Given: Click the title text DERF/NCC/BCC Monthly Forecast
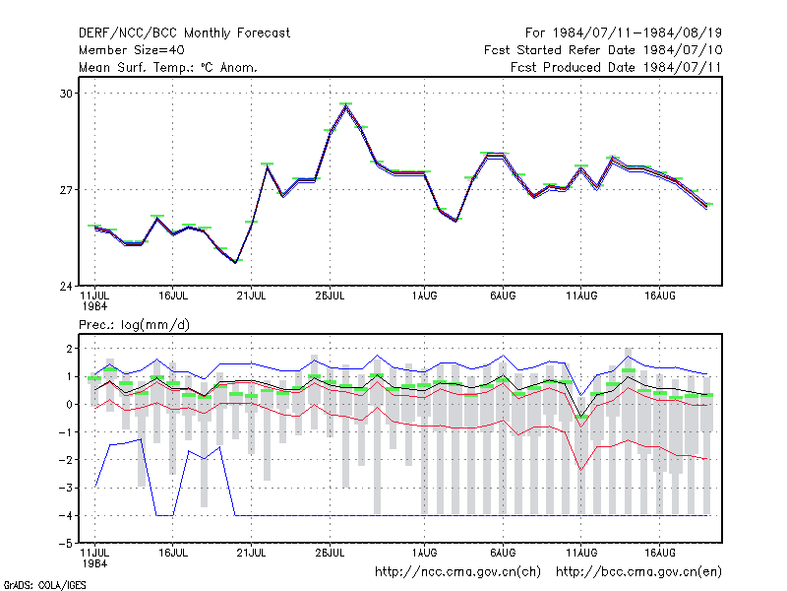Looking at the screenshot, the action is (184, 33).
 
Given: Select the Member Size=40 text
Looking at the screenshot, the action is (132, 50).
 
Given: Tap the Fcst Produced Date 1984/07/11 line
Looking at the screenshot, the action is (616, 67).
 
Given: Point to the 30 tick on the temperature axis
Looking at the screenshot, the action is (66, 94).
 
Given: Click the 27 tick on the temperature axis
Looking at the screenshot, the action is (66, 190).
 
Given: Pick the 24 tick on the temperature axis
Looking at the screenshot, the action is (66, 287).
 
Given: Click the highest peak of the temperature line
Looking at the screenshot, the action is (346, 106).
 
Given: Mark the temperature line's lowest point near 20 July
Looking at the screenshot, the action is (235, 262).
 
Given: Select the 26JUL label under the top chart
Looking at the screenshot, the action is (330, 296).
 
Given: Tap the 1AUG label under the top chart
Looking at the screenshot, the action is (424, 296).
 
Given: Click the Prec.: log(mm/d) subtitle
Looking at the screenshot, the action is (134, 325).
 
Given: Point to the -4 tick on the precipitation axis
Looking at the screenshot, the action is (65, 515).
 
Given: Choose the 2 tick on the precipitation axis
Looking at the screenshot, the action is (69, 349).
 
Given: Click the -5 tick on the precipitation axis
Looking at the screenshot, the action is (65, 544).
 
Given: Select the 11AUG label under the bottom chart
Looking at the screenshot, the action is (581, 553).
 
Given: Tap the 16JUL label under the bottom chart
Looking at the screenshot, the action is (173, 553).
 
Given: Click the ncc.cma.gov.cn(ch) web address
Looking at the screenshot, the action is (457, 572).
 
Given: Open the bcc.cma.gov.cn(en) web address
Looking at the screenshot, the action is (638, 572).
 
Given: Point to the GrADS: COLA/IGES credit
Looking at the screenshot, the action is (44, 585).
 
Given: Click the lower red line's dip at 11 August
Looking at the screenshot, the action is (581, 471).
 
